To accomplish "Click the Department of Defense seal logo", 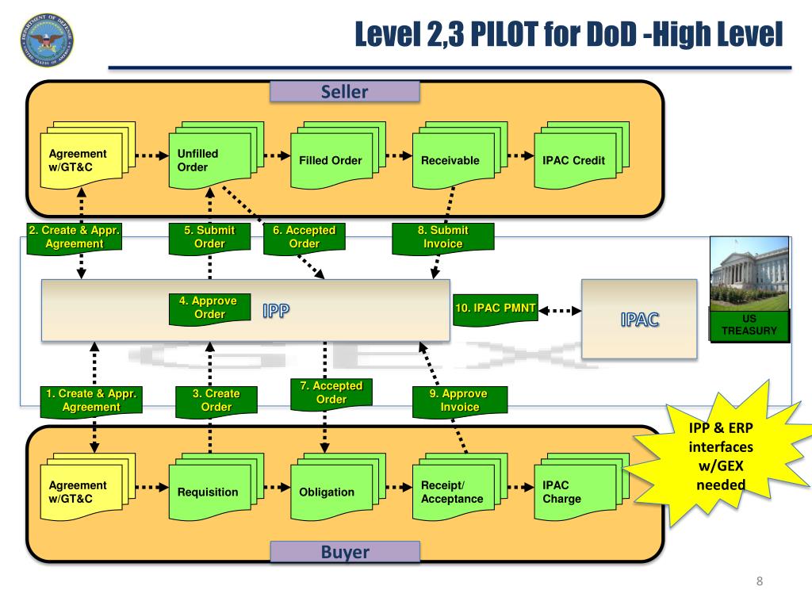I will pos(45,40).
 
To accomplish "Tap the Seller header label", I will pos(344,92).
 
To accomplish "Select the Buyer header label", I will pos(344,552).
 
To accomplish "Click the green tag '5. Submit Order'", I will pos(209,238).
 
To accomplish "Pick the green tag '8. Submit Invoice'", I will pos(443,238).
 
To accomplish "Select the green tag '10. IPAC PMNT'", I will pos(495,307).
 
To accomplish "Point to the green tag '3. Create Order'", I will pos(216,400).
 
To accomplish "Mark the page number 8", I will pos(760,583).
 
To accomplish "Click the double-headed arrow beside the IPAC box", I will pos(560,311).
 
